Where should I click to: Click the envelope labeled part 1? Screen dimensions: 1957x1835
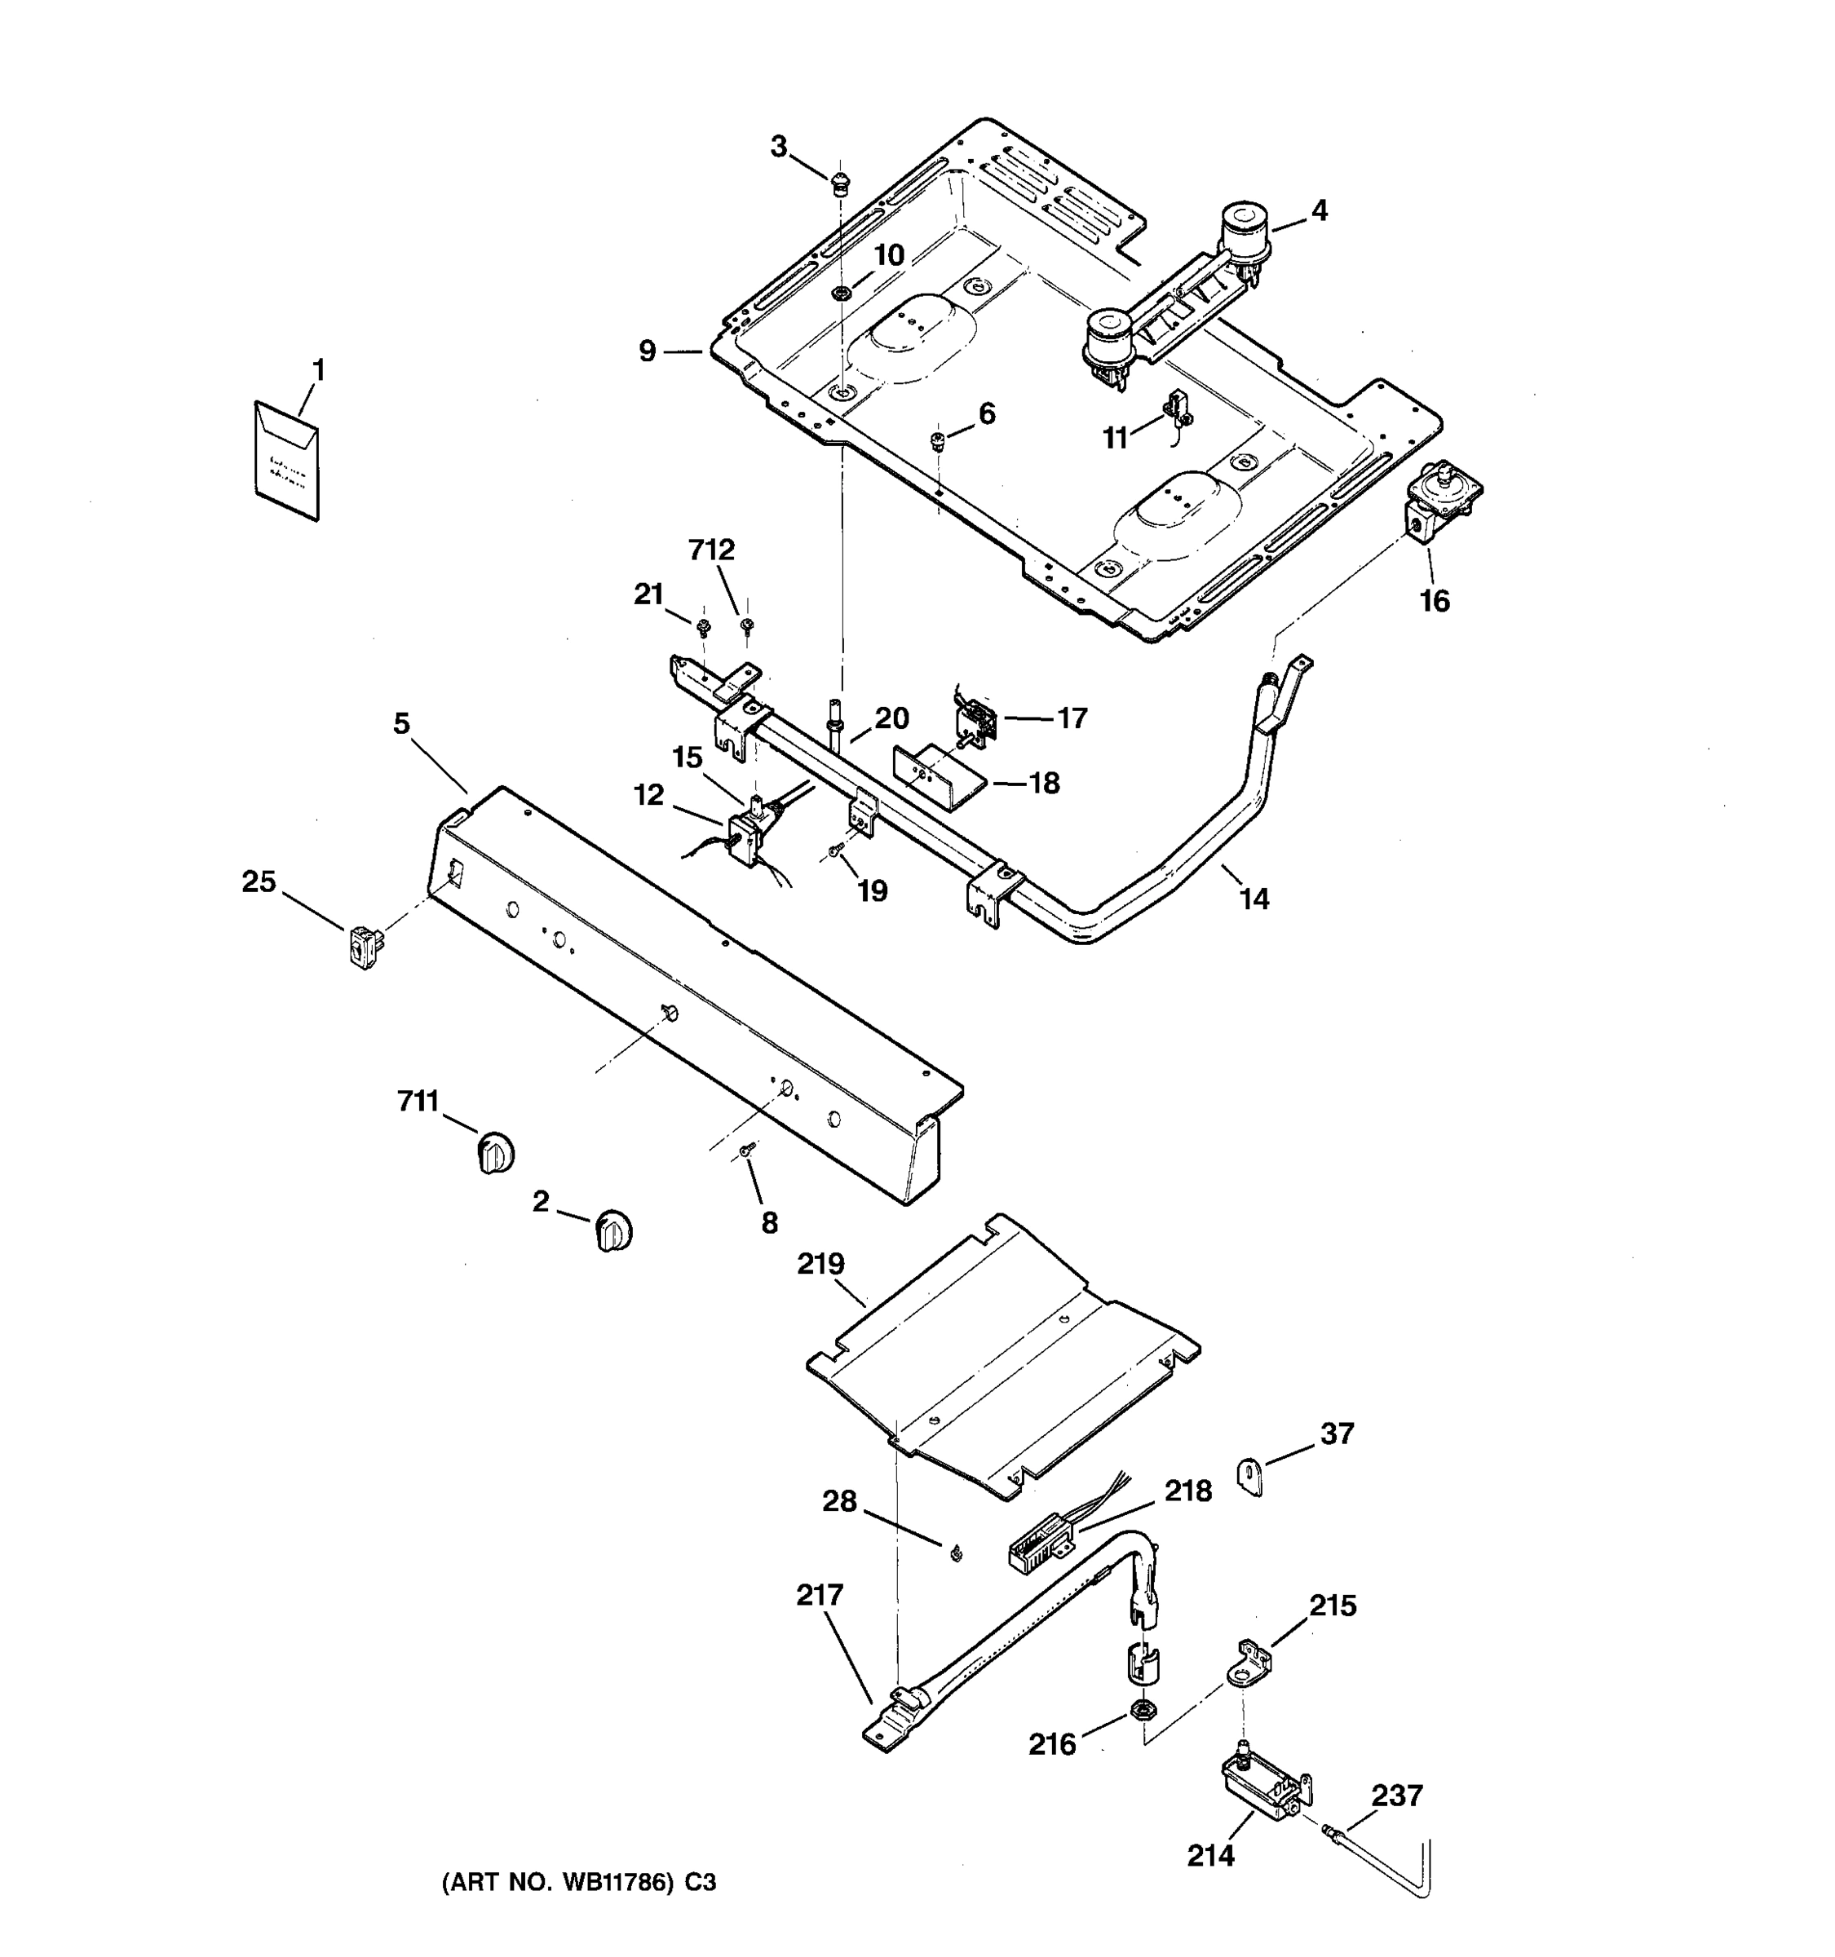click(286, 461)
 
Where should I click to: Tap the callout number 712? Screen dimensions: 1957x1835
click(712, 550)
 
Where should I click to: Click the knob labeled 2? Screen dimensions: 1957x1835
click(613, 1231)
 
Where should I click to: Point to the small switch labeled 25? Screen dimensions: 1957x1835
click(365, 947)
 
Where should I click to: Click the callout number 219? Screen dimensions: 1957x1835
click(821, 1263)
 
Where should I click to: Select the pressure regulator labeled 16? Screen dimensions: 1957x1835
click(1437, 502)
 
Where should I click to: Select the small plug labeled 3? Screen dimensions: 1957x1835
click(840, 181)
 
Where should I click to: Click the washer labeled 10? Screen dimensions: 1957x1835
click(842, 293)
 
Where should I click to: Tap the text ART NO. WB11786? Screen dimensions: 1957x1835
click(579, 1883)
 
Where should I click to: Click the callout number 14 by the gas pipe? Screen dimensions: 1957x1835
click(1254, 899)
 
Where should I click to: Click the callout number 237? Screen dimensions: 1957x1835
click(1397, 1796)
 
